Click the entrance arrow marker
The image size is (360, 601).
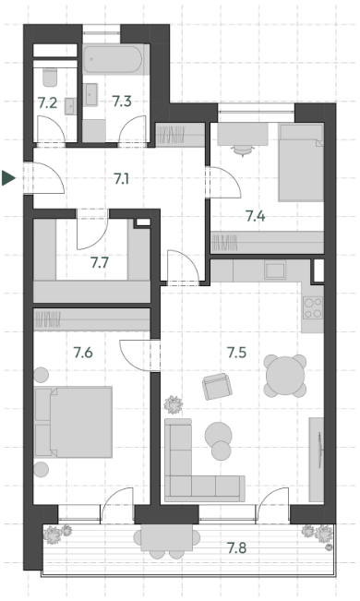[7, 178]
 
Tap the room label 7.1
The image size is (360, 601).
[121, 178]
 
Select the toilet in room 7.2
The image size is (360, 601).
[50, 77]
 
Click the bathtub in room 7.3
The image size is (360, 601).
[113, 59]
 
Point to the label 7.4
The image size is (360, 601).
[256, 217]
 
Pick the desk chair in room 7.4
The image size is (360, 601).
[243, 150]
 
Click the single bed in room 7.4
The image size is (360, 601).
[301, 162]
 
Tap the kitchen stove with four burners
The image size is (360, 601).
[312, 307]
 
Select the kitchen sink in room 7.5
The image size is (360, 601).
[275, 270]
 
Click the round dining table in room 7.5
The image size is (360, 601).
[285, 376]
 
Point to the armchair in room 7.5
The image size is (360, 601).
[217, 386]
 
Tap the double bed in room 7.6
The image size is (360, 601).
[74, 422]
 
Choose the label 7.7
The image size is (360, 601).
[100, 263]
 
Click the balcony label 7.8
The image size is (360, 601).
[236, 548]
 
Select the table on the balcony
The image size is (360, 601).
[167, 538]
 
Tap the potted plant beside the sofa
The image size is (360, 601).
[174, 404]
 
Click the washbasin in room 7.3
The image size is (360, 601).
[91, 95]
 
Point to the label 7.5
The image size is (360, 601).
[236, 353]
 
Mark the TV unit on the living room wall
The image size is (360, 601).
[317, 459]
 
